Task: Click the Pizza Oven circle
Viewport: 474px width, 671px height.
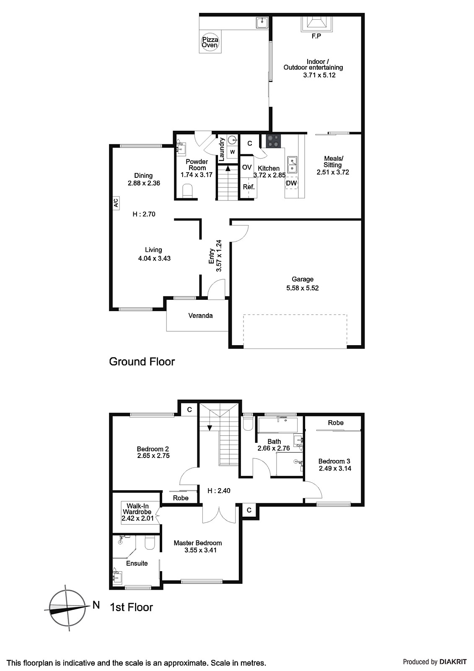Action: [x=210, y=42]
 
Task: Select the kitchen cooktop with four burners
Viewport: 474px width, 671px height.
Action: [x=274, y=141]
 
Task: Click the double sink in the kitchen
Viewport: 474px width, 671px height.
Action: [x=292, y=164]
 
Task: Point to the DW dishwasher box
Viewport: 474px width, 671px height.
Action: [x=291, y=183]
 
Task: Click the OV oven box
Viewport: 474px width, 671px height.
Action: [x=247, y=167]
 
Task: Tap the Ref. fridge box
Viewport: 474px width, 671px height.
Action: [x=249, y=187]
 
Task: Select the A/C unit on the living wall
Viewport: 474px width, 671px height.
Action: [x=116, y=203]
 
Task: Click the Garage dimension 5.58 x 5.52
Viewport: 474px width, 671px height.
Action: [x=302, y=288]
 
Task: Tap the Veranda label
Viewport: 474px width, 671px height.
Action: [x=200, y=316]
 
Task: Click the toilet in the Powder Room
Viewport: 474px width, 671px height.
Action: [x=187, y=192]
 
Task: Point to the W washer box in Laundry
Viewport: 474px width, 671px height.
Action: [x=232, y=152]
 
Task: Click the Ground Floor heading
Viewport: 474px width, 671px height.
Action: [x=142, y=362]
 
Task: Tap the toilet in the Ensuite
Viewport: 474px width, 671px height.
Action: [x=150, y=543]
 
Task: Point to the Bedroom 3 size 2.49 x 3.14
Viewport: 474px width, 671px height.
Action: [x=335, y=468]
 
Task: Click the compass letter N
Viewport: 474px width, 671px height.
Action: [x=96, y=605]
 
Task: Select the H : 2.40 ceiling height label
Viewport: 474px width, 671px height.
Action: [x=219, y=491]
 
